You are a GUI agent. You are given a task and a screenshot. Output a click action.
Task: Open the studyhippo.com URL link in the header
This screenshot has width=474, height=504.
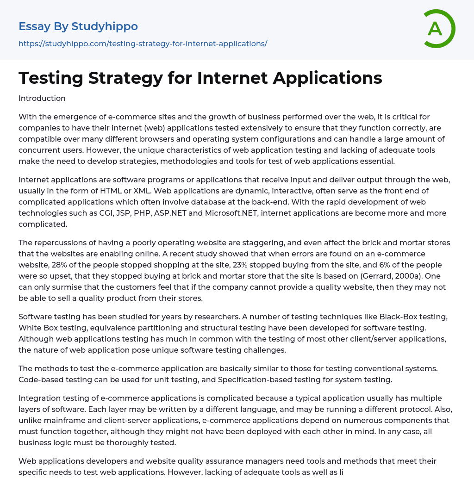point(143,44)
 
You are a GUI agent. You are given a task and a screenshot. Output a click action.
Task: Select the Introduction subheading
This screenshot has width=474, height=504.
point(42,98)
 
